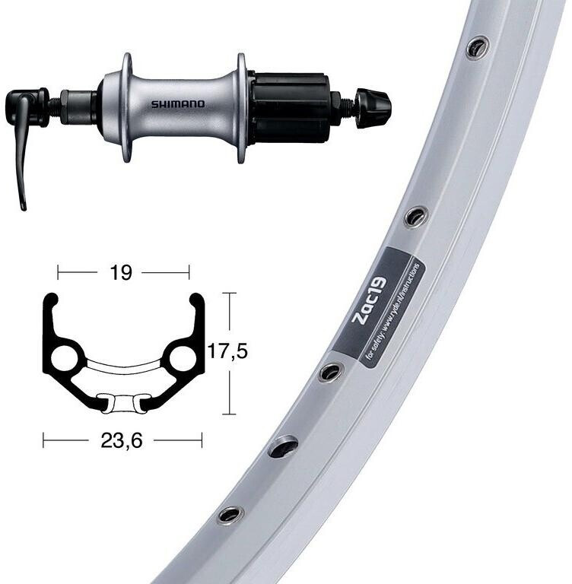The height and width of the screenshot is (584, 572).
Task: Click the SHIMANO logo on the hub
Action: coord(176,104)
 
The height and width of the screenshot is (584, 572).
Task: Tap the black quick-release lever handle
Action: coord(23,152)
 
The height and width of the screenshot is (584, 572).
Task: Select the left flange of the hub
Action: coord(126,106)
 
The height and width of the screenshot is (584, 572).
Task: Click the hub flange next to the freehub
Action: coord(242,107)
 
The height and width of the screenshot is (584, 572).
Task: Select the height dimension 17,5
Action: coord(228,351)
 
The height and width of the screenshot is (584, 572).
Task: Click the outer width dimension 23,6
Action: coord(121,440)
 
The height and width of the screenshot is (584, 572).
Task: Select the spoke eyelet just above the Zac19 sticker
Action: coord(415,216)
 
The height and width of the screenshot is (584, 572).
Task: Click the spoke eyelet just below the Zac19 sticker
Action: coord(331,372)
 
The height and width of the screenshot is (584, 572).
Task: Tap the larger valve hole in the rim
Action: coord(283,447)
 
